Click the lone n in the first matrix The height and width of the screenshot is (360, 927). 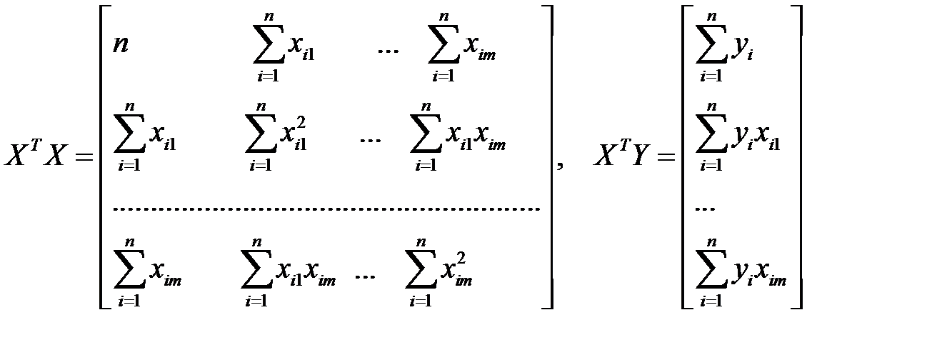click(x=120, y=44)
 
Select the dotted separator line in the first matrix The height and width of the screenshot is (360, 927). click(x=326, y=209)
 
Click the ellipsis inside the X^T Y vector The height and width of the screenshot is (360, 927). click(x=705, y=209)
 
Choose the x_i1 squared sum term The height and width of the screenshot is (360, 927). click(x=279, y=140)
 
